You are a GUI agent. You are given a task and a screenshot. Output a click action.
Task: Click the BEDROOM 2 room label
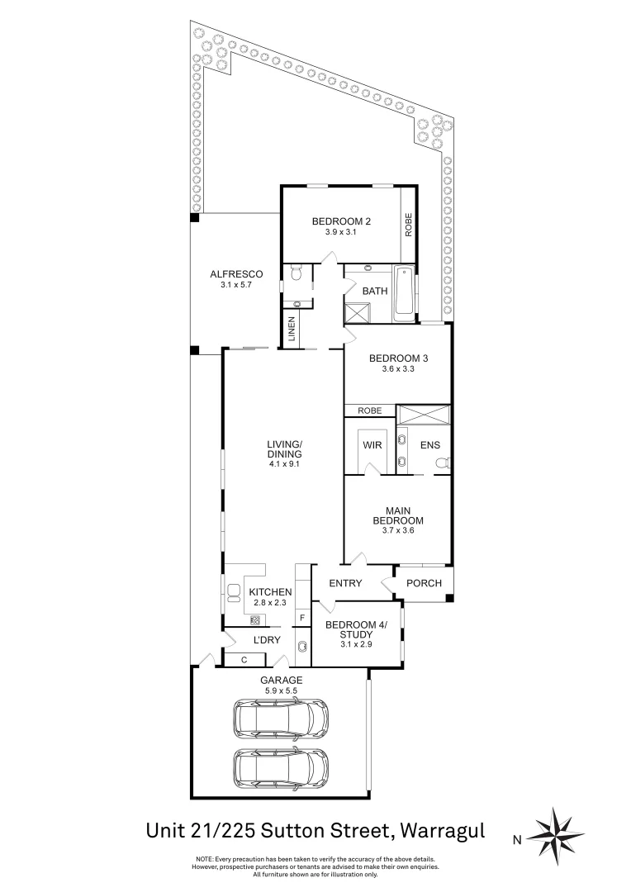click(x=341, y=221)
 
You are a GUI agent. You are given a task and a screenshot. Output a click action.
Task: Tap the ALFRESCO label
click(x=236, y=274)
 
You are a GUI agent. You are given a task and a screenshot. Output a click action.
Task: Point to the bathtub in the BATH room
click(x=404, y=294)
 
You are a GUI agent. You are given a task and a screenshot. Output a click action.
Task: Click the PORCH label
click(x=425, y=583)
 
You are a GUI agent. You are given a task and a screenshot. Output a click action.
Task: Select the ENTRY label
click(x=345, y=583)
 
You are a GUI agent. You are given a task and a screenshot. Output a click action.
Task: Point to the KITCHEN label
click(x=270, y=592)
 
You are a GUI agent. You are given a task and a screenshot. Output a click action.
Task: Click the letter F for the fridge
click(x=302, y=617)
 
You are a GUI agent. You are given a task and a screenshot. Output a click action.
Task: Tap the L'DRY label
click(x=266, y=640)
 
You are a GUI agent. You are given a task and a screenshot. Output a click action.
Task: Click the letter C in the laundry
click(x=244, y=659)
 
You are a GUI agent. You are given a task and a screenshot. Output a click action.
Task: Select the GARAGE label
click(x=282, y=680)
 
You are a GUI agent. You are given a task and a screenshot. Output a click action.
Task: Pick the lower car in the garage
click(x=280, y=768)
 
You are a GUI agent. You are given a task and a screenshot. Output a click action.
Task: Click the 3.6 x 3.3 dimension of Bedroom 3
click(x=398, y=369)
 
